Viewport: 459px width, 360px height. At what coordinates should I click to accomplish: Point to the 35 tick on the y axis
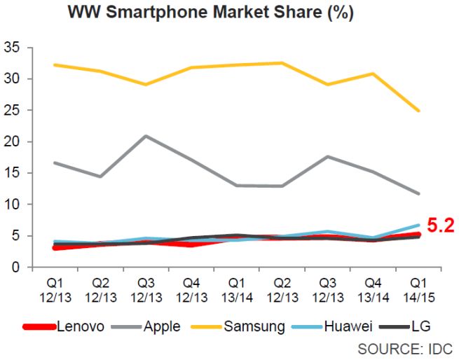17,48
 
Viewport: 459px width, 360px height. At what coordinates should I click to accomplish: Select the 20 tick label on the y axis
17,141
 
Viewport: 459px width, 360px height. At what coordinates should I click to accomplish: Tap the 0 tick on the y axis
20,267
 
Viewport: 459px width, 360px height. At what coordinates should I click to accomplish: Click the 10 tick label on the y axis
17,205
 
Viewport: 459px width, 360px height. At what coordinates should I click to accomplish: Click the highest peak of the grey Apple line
145,135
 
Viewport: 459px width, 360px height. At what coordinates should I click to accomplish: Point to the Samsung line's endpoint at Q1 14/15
418,111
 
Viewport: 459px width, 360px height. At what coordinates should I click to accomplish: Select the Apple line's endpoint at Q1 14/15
418,193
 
